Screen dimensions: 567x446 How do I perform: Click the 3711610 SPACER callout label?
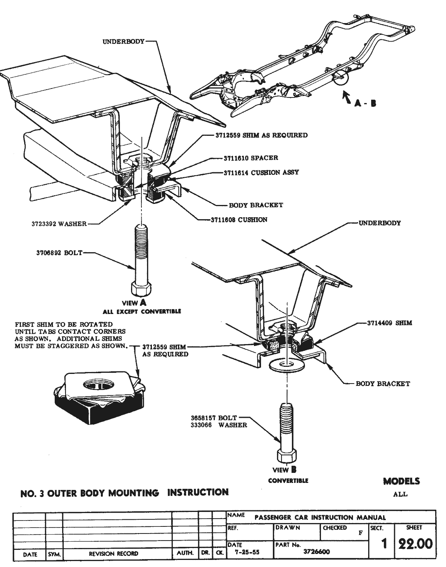[250, 158]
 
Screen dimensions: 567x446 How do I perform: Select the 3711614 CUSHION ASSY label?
[261, 172]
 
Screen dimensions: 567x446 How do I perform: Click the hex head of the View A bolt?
[141, 289]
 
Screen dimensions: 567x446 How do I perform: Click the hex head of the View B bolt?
[287, 456]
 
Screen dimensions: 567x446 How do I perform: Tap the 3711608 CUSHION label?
[238, 220]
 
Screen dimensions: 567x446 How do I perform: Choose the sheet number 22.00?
[415, 544]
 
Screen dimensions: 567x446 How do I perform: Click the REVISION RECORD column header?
[113, 554]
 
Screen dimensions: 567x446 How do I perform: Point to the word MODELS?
[401, 481]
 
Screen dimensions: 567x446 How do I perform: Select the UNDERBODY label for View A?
[123, 41]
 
